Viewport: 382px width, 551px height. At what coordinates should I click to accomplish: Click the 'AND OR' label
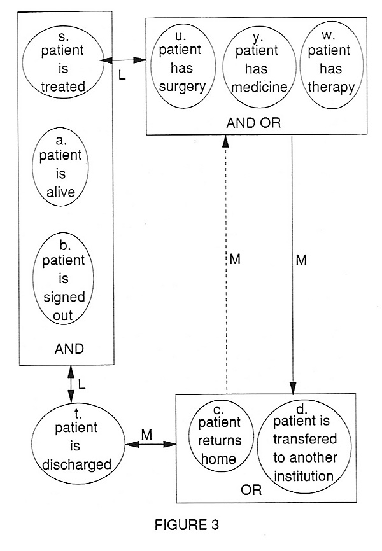click(253, 123)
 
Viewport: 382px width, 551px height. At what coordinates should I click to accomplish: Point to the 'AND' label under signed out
click(69, 349)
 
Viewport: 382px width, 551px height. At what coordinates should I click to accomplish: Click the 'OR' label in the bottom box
click(251, 490)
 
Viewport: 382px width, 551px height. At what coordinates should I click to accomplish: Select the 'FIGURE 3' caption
click(187, 525)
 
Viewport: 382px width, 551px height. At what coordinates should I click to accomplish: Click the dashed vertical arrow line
click(226, 264)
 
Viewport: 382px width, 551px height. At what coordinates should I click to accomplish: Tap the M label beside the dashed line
click(235, 260)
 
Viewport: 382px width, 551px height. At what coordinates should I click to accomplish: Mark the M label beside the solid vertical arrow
click(301, 260)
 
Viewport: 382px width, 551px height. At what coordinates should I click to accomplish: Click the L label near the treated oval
click(122, 75)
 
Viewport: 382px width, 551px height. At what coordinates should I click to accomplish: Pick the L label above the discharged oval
click(81, 385)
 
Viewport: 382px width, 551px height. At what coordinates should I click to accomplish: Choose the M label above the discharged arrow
click(146, 435)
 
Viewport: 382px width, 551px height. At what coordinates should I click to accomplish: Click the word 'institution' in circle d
click(304, 477)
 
